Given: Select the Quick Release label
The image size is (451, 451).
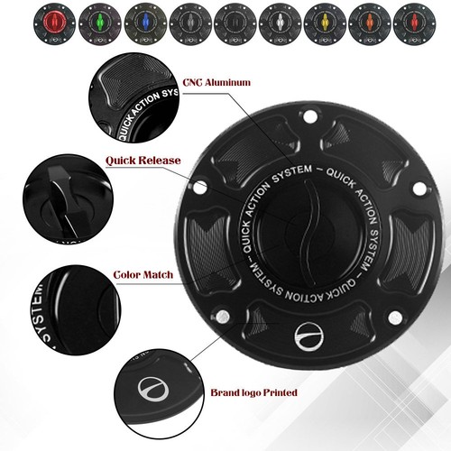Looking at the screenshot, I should [143, 161].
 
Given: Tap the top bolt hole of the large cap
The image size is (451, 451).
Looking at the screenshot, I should [310, 115].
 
